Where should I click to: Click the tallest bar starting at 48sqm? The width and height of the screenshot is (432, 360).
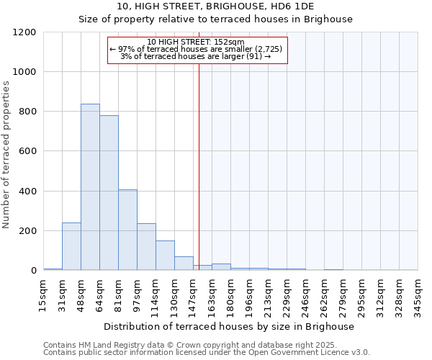90,187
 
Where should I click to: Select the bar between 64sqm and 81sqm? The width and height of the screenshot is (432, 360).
109,193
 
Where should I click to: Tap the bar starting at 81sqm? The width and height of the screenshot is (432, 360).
127,230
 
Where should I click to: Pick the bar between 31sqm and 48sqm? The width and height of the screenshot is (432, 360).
71,246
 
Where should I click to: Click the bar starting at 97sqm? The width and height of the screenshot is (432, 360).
146,247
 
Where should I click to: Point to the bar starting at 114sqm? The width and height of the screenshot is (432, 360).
165,256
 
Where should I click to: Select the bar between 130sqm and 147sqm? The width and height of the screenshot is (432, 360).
184,264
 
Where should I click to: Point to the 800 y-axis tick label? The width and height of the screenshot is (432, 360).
25,112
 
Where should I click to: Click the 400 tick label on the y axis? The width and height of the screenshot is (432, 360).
25,192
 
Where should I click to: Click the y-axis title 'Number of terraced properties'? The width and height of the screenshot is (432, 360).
6,155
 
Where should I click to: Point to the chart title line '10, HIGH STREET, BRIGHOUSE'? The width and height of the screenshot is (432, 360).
215,6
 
